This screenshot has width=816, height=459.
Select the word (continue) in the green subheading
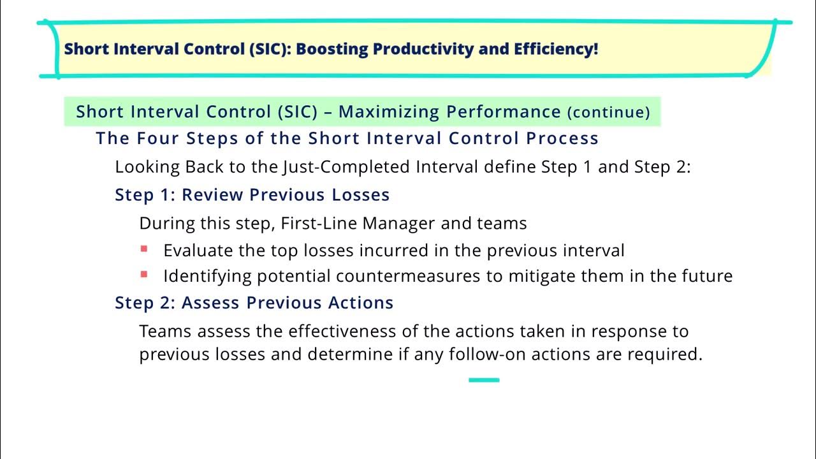coord(609,112)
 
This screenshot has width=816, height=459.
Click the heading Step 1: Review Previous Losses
coord(252,194)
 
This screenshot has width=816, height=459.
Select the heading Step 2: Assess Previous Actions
coord(254,303)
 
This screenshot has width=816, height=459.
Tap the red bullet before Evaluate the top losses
coord(144,249)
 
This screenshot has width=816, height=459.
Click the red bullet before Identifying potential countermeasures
coord(144,275)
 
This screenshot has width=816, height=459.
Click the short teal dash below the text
coord(484,380)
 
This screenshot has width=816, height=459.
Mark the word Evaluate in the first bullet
coord(198,251)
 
